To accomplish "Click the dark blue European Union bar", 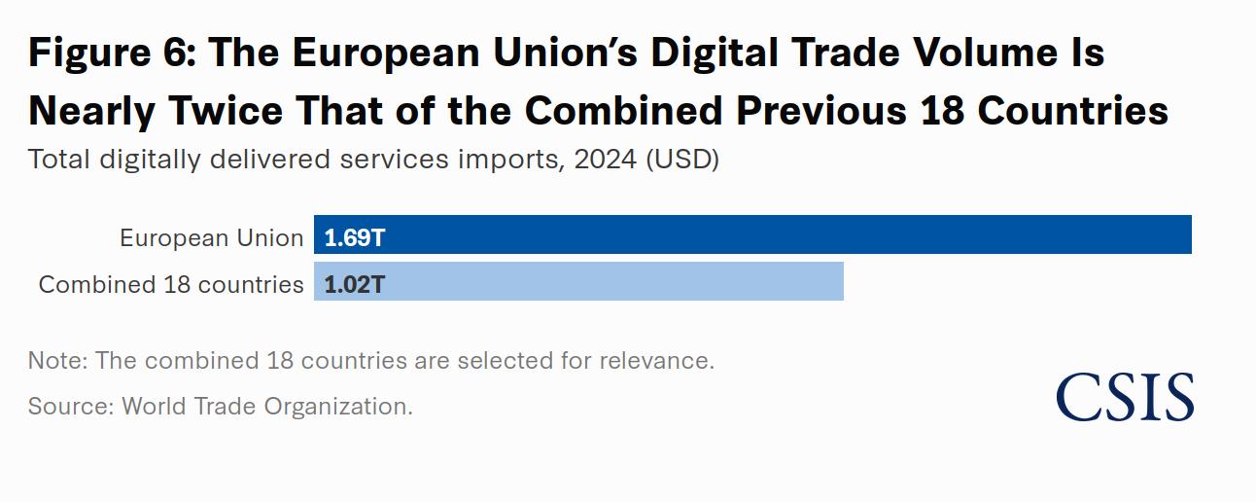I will coord(778,234).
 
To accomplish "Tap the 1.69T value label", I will coord(355,236).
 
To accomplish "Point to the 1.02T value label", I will coord(355,283).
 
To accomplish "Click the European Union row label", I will coord(211,237).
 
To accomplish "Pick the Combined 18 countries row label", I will coord(171,284).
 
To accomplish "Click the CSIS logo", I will coord(1125,397).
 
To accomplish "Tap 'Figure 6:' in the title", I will coord(111,53).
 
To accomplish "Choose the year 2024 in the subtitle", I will coord(601,159).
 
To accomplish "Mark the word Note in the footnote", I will coord(55,360).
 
